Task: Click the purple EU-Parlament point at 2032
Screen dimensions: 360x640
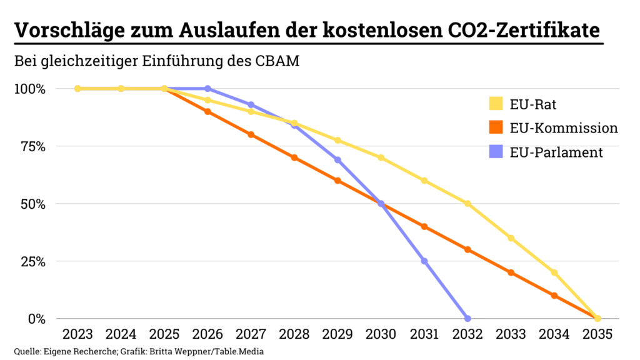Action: point(467,318)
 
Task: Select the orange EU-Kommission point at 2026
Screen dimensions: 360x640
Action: point(207,111)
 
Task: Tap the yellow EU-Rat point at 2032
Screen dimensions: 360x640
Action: point(467,204)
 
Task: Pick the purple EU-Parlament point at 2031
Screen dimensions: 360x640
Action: point(424,261)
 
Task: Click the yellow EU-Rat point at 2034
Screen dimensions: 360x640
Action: point(554,272)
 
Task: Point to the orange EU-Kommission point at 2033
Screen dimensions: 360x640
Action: point(511,272)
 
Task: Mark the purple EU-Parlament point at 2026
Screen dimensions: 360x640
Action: point(207,89)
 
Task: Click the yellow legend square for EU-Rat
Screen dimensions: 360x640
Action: point(496,104)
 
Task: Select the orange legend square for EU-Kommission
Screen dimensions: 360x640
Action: point(496,128)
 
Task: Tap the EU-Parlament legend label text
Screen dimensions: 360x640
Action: point(556,152)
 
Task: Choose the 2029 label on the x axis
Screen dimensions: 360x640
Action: point(337,334)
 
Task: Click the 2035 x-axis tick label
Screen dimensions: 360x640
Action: point(597,334)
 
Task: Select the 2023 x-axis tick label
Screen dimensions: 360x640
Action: point(77,334)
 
